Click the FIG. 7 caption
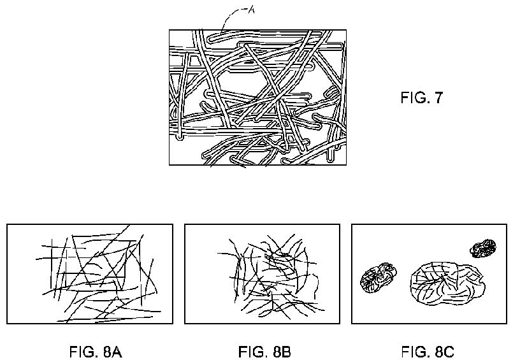(421, 97)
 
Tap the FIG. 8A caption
(96, 352)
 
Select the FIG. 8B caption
(264, 352)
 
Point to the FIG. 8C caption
(428, 352)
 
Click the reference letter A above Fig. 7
(251, 10)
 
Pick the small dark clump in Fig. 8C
(483, 248)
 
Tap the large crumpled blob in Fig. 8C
(448, 284)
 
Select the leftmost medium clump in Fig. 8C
(378, 278)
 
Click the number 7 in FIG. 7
(438, 97)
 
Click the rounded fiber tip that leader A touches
(210, 38)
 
